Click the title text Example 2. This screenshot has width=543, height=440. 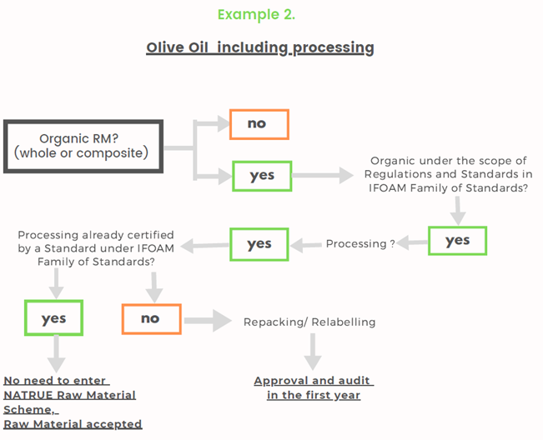pos(256,14)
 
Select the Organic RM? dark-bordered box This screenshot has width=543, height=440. pos(83,147)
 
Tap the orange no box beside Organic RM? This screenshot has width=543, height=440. pos(259,124)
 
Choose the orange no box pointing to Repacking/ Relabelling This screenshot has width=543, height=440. pos(151,319)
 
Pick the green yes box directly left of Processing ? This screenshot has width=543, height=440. pos(259,244)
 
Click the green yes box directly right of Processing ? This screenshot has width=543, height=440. pos(457,241)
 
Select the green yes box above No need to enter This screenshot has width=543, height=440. pos(53,317)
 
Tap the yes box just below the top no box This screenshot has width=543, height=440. pos(262,176)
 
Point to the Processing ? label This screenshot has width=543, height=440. pos(360,244)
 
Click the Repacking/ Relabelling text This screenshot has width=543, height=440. pos(309,322)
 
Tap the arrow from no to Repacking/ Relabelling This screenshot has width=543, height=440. pos(208,321)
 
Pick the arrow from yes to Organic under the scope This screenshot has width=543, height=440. pos(323,175)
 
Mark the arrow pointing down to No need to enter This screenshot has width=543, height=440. pos(56,354)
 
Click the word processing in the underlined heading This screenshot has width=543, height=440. pos(333,47)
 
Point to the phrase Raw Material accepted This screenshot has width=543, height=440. pos(73,424)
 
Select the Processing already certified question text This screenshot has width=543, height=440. pos(96,248)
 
